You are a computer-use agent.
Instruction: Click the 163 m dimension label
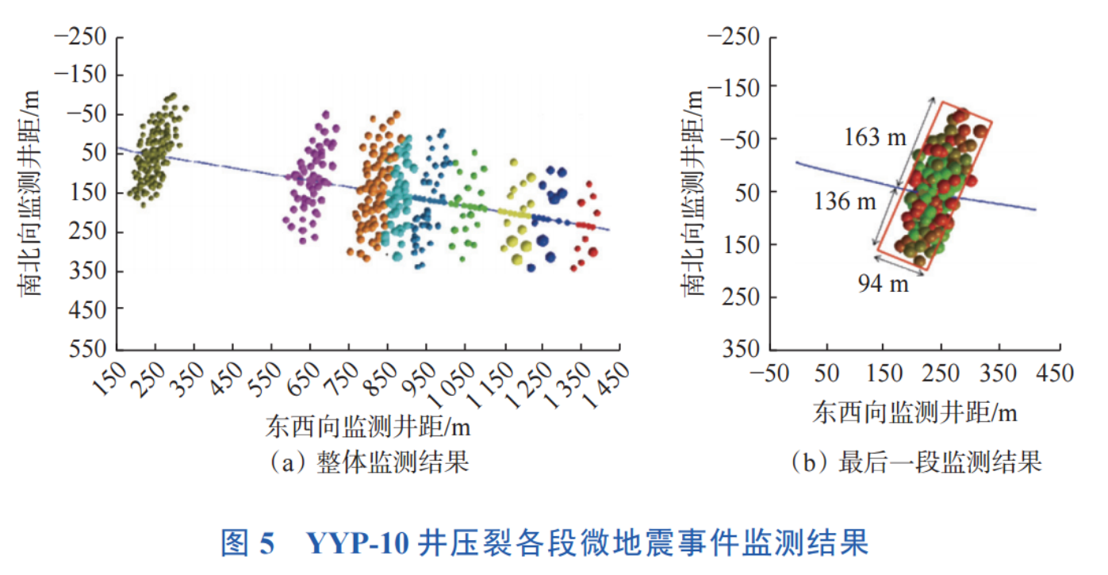[876, 137]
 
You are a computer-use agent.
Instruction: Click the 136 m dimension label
[846, 201]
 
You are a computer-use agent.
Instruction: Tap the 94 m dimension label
[884, 283]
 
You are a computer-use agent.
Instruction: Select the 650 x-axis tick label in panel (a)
[299, 381]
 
